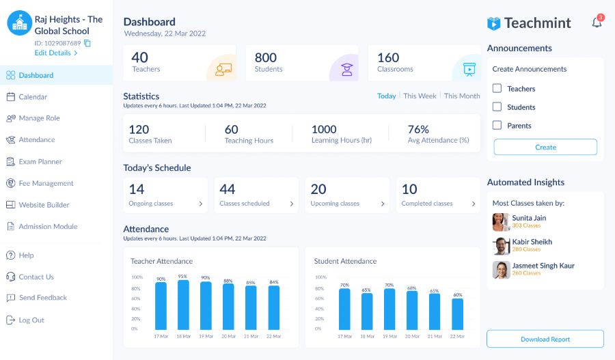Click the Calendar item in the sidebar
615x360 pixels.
33,97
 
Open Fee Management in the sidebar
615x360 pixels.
46,183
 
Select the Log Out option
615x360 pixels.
31,320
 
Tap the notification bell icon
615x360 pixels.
597,23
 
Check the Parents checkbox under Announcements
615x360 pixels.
497,125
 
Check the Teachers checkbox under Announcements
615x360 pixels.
497,88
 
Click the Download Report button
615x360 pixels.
545,339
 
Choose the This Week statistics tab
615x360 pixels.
420,96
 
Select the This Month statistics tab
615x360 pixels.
462,96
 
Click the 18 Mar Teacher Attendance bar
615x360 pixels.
183,305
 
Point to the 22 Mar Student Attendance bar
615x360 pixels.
457,314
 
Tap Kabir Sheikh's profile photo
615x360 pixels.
501,246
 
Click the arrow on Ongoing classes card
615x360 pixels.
200,204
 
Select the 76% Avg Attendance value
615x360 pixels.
418,129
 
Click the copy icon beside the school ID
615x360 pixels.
87,43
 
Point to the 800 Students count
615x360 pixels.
266,58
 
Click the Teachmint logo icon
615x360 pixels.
494,23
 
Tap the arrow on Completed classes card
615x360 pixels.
474,204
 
